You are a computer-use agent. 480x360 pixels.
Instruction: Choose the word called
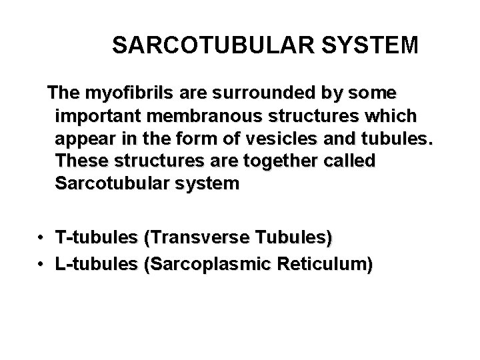coord(351,161)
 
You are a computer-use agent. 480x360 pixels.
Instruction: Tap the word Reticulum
coord(326,265)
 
